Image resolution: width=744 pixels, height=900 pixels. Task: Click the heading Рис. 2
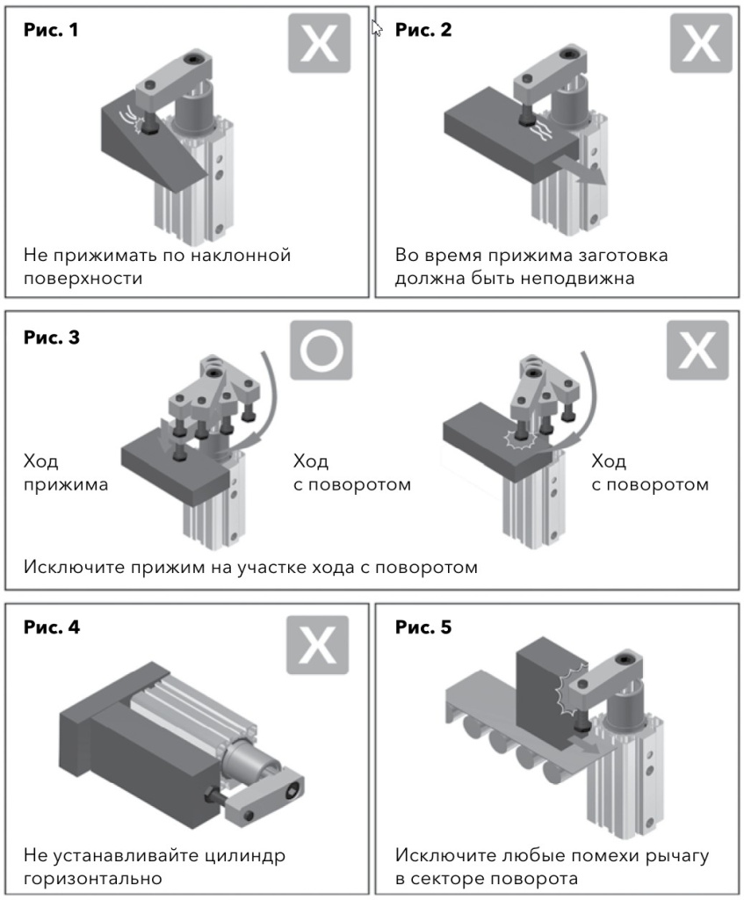(423, 30)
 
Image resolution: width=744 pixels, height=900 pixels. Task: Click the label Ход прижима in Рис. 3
(61, 473)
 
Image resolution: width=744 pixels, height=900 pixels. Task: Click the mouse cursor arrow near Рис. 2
(378, 27)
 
